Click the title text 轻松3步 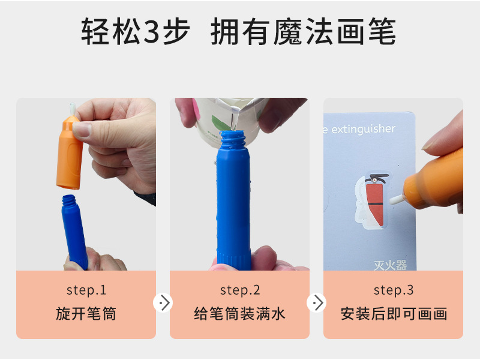135,32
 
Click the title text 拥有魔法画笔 304,32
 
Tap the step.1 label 86,290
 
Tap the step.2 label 240,290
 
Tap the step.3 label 394,290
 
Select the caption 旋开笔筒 86,314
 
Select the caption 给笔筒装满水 240,314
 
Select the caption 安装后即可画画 394,314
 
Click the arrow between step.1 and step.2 163,302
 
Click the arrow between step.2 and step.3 317,302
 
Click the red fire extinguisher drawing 374,204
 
